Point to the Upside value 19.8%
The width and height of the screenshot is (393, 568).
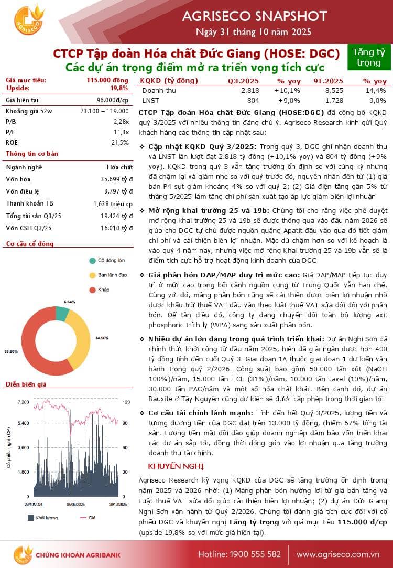119,88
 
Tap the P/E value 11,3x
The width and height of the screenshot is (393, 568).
121,132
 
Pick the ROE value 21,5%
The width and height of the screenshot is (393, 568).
120,142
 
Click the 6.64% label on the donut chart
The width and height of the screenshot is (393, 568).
70,302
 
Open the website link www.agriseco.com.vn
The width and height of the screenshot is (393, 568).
337,554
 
